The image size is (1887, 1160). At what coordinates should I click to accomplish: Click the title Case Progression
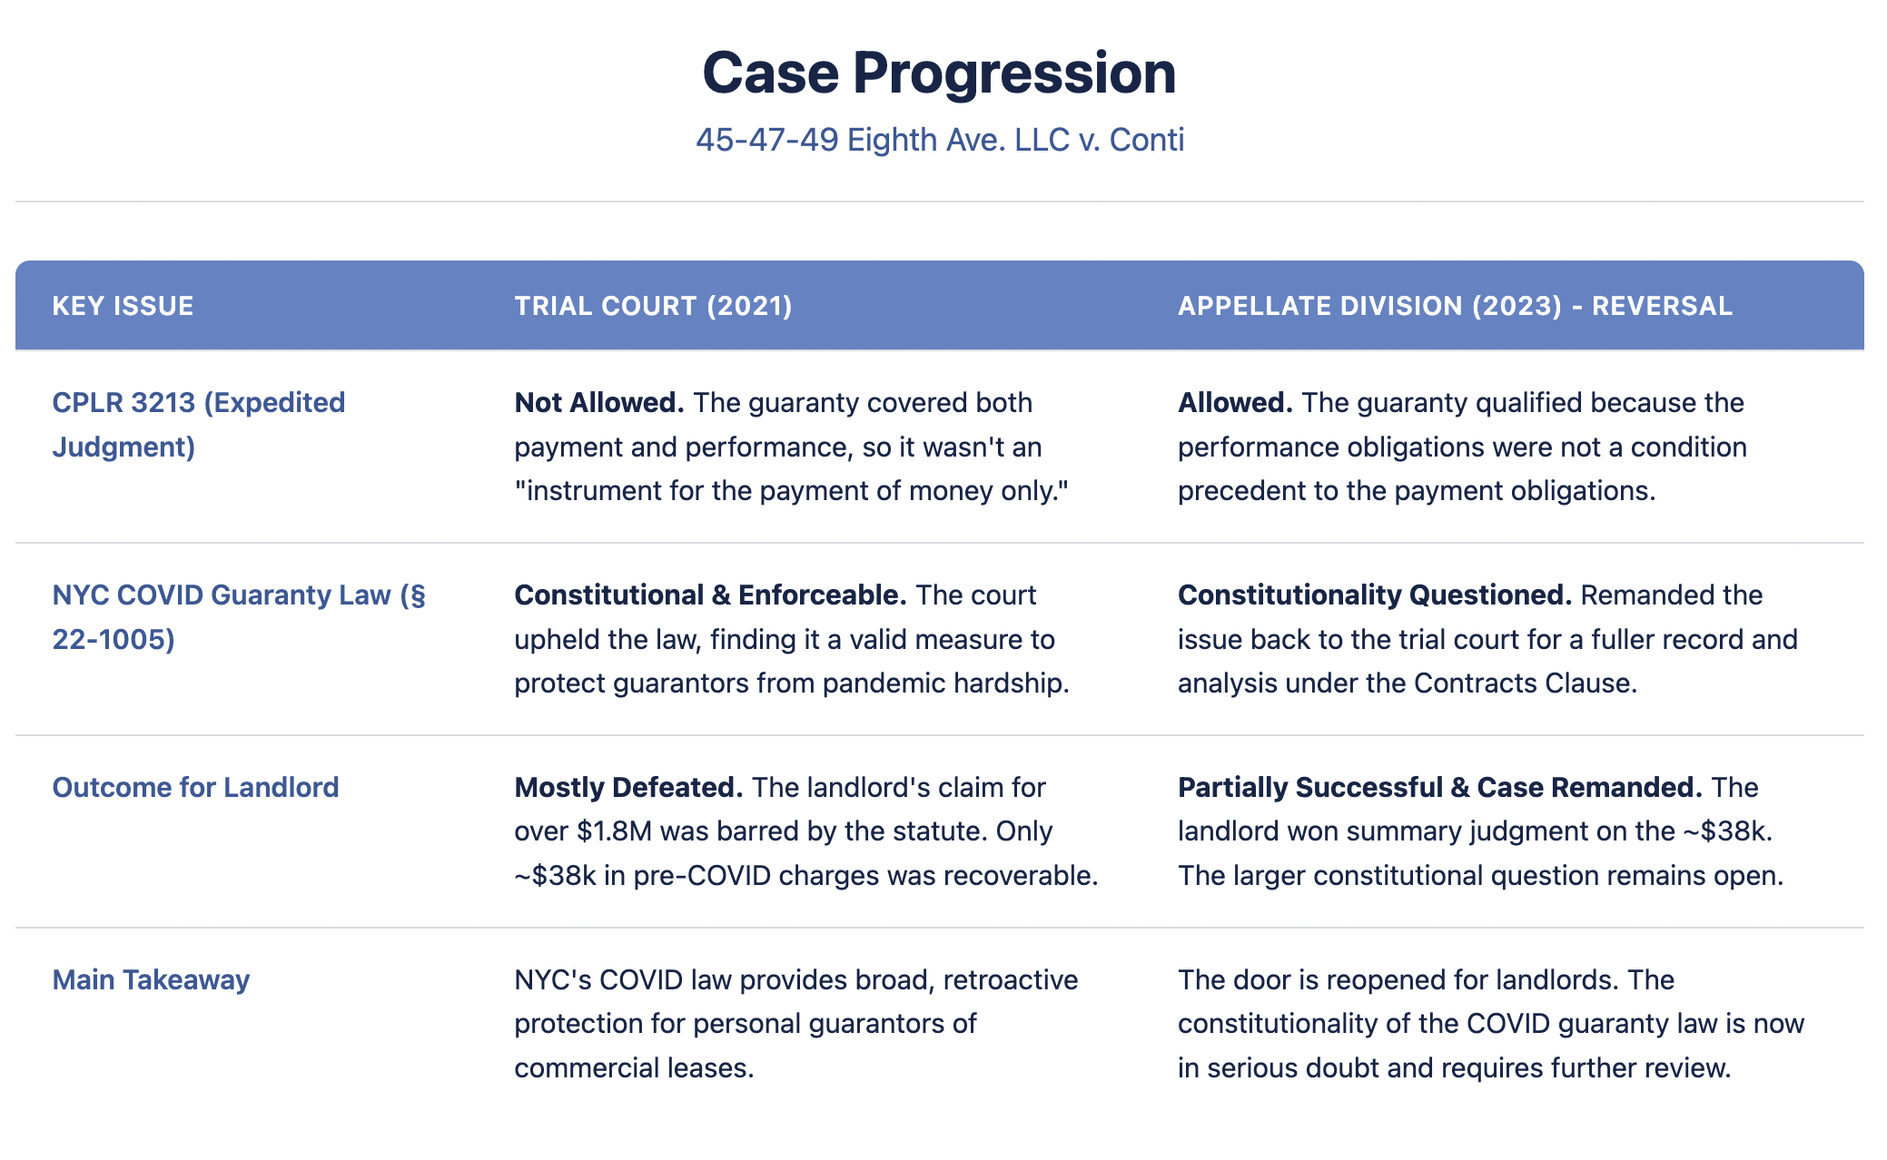939,73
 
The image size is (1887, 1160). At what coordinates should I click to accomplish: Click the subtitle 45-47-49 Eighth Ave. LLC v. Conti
939,140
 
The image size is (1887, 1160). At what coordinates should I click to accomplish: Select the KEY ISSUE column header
123,306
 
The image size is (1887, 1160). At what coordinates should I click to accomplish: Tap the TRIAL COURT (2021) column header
653,306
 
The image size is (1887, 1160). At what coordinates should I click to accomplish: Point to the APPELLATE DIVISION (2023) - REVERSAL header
1455,306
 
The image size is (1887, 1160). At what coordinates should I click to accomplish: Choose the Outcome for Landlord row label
195,787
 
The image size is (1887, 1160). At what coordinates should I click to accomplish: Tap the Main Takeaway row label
151,979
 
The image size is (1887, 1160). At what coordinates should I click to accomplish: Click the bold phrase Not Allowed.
598,402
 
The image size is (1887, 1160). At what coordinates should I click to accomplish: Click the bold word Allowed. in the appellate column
1234,402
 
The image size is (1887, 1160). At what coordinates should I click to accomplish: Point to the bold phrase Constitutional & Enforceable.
710,595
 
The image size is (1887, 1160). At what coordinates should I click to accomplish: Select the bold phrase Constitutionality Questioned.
1374,595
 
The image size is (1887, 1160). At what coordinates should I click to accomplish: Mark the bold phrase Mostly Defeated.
628,787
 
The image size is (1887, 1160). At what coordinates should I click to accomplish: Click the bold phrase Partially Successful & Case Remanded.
1439,787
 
